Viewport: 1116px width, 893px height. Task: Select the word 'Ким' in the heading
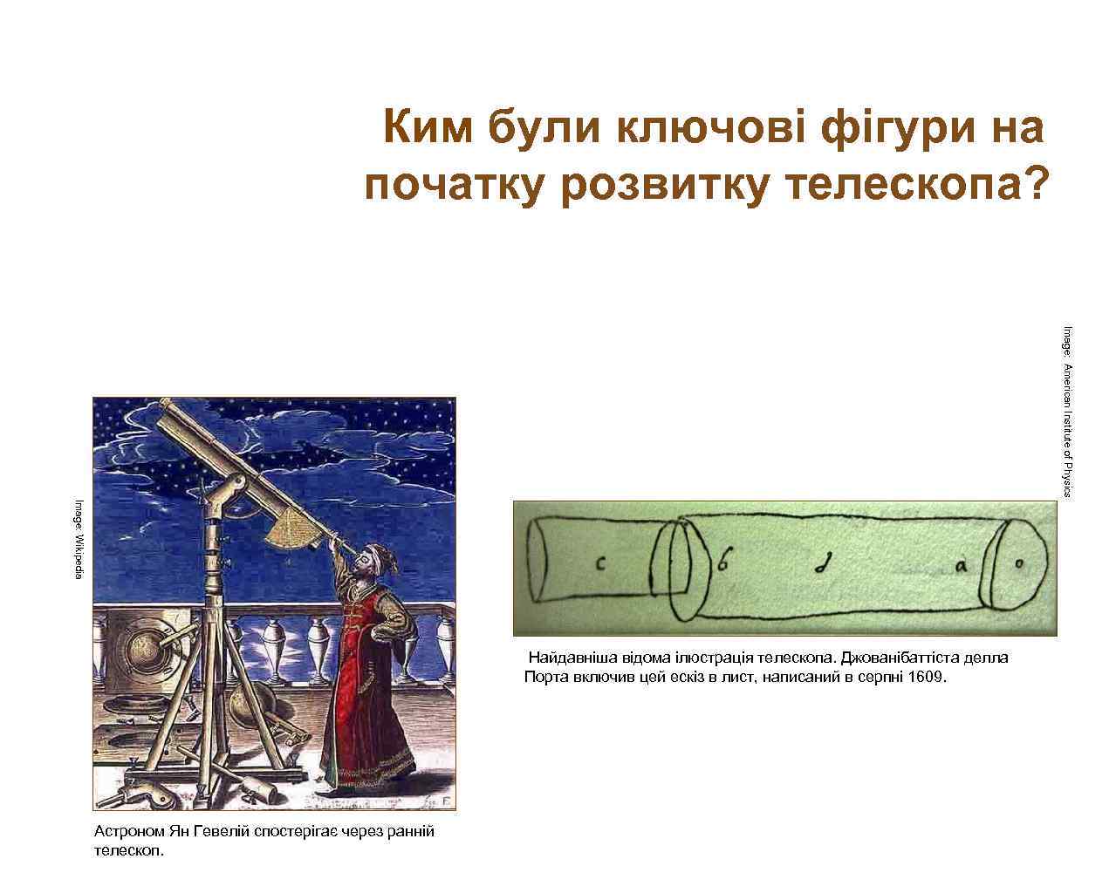tap(428, 128)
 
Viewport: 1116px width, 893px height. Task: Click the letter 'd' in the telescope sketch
tap(821, 565)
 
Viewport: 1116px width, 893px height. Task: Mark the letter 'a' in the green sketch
tap(960, 566)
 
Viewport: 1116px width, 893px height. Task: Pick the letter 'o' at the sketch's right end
tap(1017, 565)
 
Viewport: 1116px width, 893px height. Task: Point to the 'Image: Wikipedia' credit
tap(78, 539)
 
